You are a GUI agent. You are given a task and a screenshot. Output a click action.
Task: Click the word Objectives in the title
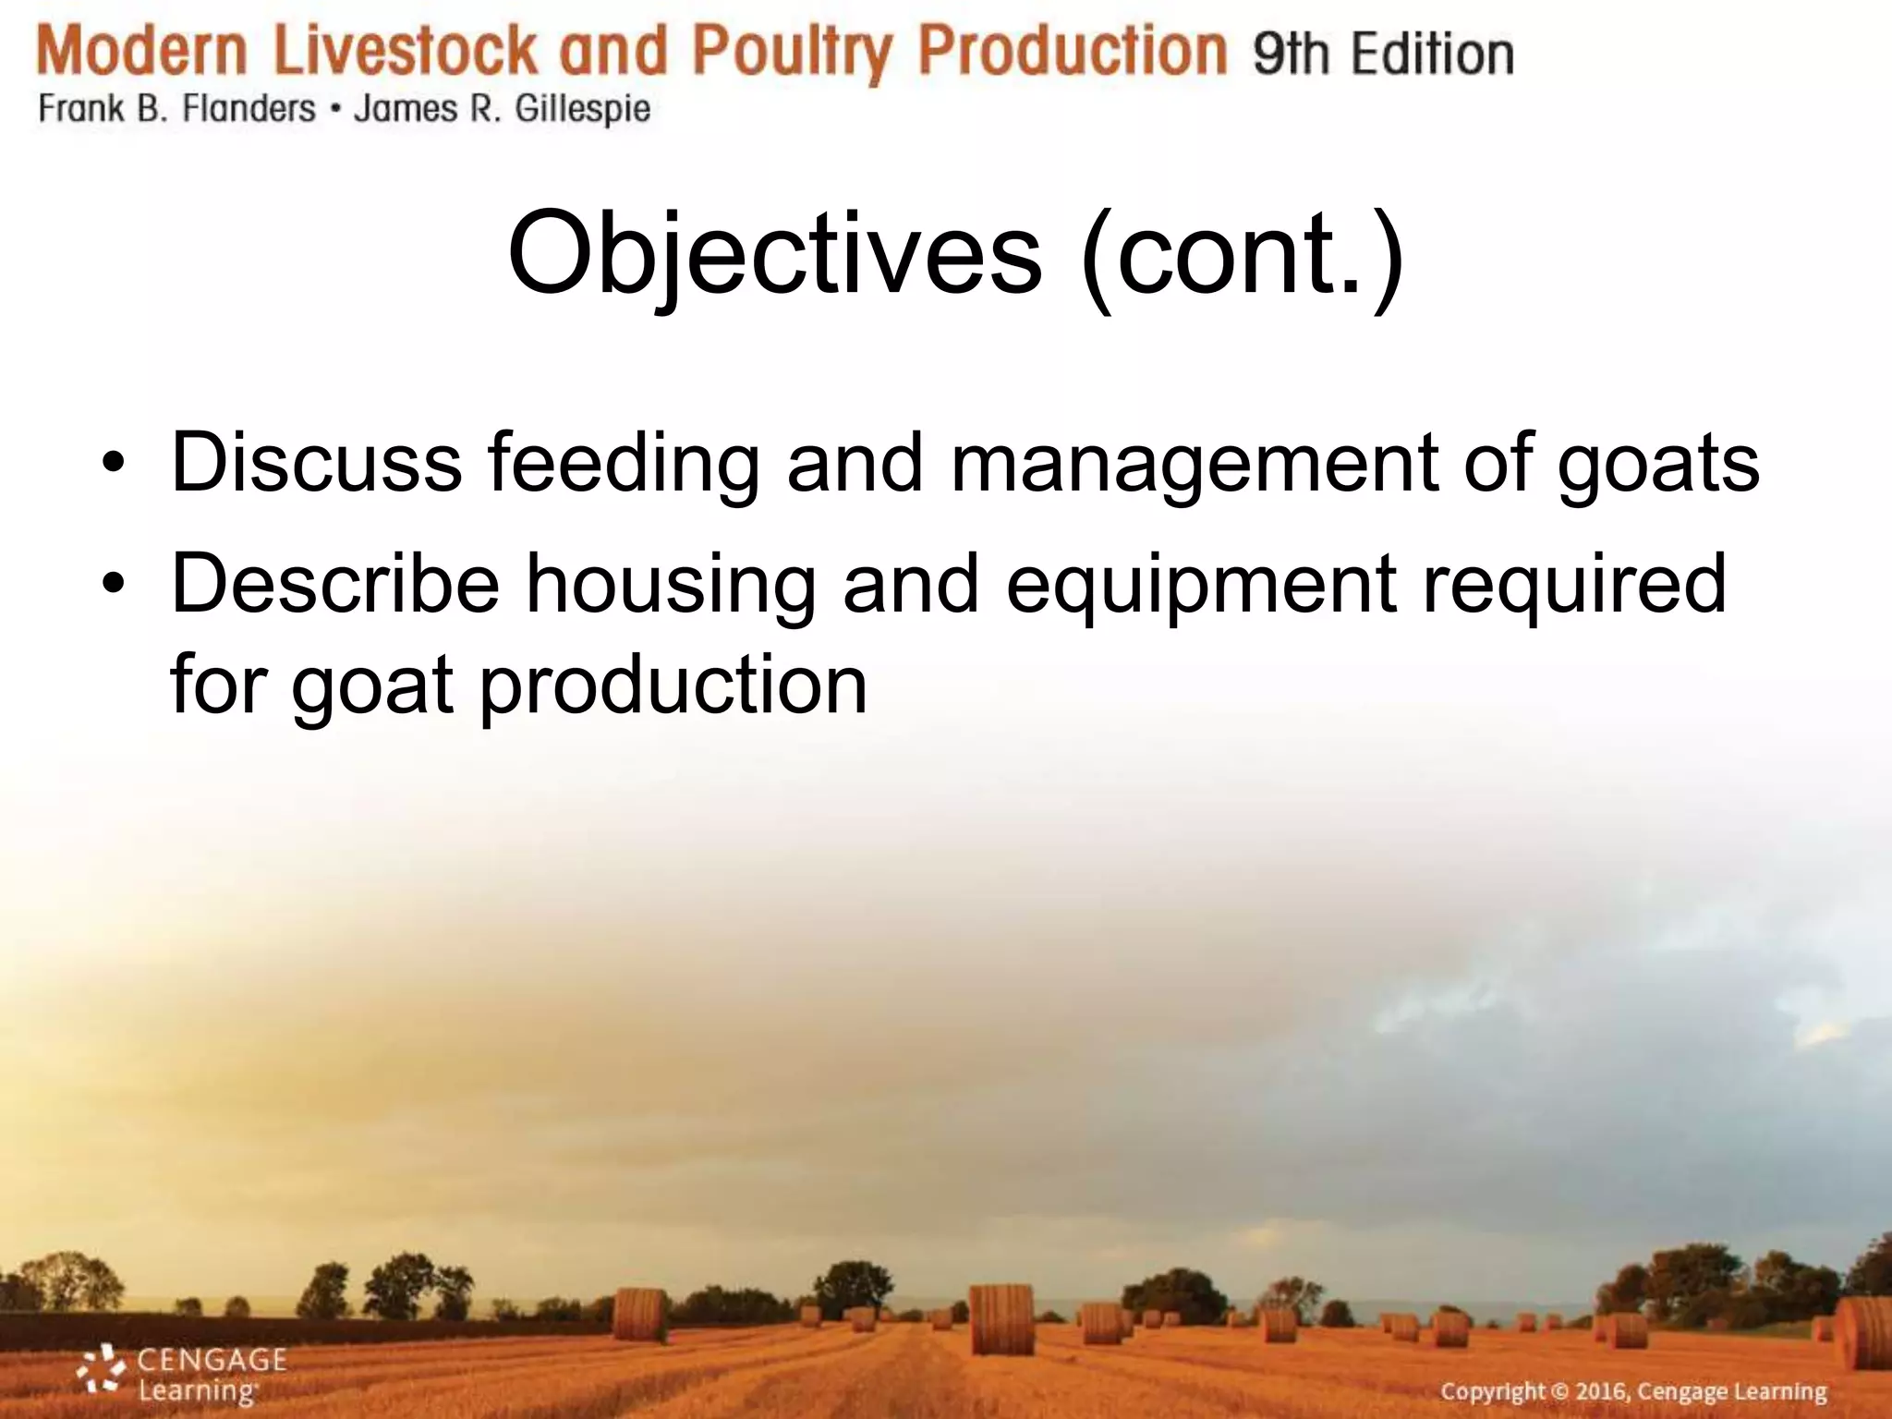pos(774,253)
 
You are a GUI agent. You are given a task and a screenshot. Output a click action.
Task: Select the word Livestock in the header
pos(406,52)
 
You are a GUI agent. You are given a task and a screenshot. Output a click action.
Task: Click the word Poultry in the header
pos(793,52)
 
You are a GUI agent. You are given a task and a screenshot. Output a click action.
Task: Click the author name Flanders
pos(249,110)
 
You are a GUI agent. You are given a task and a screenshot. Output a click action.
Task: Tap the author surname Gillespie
pos(582,110)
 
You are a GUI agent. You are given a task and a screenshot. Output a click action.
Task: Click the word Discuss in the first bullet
pos(317,462)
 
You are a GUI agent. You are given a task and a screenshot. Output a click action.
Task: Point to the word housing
pos(671,586)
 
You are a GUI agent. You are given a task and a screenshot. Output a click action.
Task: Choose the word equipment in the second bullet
pos(1201,586)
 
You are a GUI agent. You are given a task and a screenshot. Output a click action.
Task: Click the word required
pos(1575,586)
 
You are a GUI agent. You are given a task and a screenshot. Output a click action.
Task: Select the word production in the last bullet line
pos(673,686)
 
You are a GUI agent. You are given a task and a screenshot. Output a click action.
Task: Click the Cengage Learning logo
pos(182,1374)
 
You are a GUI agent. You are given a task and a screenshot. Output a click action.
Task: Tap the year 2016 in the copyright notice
pos(1602,1392)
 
